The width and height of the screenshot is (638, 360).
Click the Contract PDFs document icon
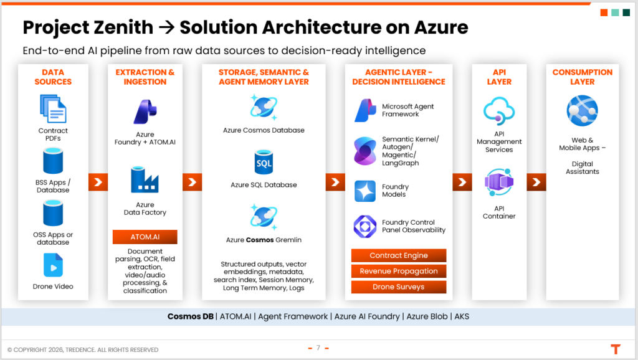click(53, 108)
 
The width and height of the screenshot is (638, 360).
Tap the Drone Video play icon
click(53, 266)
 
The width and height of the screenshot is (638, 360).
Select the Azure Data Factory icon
click(145, 180)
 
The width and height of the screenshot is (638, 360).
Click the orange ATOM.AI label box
click(145, 237)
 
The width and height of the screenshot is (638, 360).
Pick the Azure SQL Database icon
click(264, 162)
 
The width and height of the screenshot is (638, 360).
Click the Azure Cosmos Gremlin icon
click(264, 216)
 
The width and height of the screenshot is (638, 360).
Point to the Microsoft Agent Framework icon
click(365, 110)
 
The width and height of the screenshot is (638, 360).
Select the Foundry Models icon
click(365, 191)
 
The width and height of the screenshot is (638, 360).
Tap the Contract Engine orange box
click(399, 255)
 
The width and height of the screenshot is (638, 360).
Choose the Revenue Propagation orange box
click(399, 271)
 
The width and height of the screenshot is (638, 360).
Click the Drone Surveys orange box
click(399, 287)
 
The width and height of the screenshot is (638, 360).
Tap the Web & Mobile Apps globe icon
click(583, 111)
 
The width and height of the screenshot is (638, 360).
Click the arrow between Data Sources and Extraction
click(98, 182)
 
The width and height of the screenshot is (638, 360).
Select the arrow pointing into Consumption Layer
click(536, 182)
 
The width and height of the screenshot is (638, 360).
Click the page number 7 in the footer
click(318, 348)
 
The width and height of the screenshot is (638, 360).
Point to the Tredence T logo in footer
click(616, 349)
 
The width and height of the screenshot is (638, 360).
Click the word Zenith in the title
click(125, 27)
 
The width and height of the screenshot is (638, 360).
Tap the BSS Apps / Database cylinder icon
click(53, 161)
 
